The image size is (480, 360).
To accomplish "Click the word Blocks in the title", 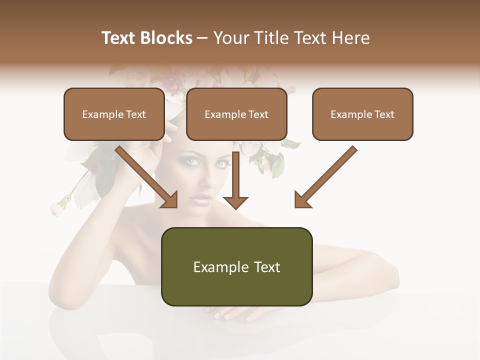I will point(166,38).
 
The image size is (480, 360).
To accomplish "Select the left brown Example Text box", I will point(114,114).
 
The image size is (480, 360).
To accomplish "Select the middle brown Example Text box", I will point(236,114).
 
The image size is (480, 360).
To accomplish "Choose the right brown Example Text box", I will point(362,114).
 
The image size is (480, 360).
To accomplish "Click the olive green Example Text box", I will point(236,266).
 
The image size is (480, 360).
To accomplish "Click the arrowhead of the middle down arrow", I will point(235,202).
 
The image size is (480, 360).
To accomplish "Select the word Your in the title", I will point(230,38).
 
